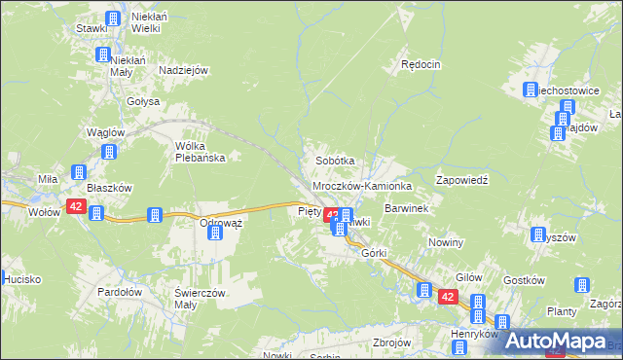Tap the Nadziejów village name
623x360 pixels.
click(x=184, y=71)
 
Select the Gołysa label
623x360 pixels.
click(x=142, y=100)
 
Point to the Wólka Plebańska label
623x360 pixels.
click(x=200, y=152)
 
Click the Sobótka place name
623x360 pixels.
click(x=333, y=160)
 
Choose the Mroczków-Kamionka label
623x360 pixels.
click(x=362, y=185)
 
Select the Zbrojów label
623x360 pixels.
click(x=392, y=342)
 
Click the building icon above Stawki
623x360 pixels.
click(x=113, y=18)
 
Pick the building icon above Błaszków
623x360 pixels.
click(x=108, y=152)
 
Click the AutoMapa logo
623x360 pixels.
click(x=556, y=342)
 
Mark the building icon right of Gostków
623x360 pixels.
click(x=581, y=286)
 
